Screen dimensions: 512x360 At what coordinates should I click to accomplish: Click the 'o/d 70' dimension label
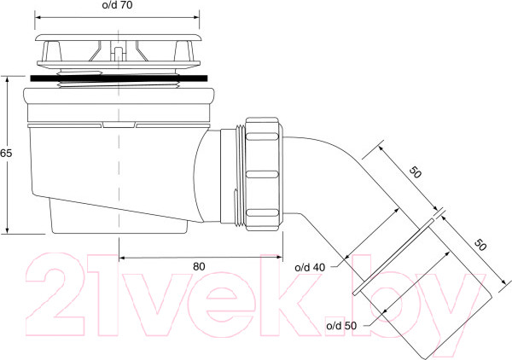117,5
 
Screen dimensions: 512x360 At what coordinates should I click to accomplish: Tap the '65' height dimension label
6,153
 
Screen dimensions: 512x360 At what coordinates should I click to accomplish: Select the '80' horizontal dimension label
199,267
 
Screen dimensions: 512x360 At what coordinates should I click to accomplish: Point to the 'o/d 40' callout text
310,268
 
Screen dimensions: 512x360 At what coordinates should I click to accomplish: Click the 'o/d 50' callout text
341,325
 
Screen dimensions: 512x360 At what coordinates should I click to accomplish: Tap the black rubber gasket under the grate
119,78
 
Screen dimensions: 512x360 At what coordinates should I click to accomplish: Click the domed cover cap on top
118,38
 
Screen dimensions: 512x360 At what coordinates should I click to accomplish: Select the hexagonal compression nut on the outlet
264,174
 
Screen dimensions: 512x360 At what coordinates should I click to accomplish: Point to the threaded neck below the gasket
119,84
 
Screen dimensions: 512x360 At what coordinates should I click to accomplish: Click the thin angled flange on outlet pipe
393,257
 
